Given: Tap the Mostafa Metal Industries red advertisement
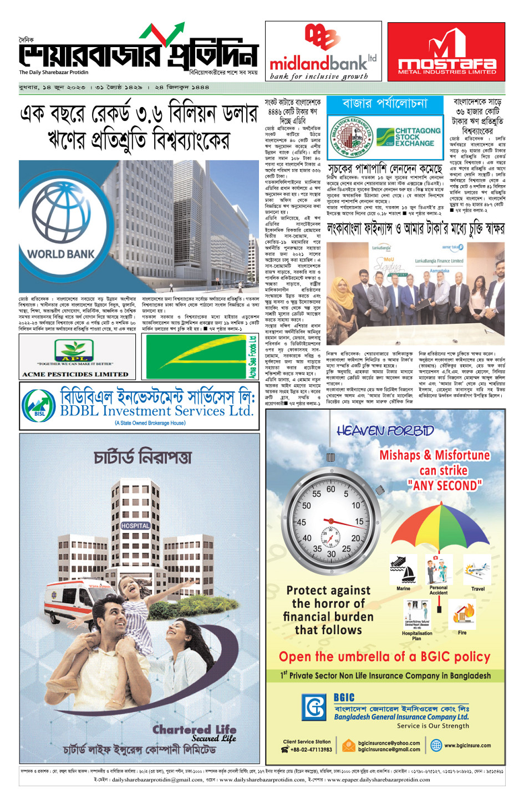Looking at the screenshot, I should tap(446, 52).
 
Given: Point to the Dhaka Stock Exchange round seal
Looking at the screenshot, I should tap(350, 137).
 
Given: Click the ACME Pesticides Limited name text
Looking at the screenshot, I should tap(75, 374).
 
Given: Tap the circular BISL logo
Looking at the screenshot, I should tap(39, 409).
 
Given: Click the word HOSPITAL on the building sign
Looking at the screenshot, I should tap(135, 525).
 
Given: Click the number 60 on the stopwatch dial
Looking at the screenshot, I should tap(330, 489).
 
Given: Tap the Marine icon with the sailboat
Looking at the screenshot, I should tap(403, 571).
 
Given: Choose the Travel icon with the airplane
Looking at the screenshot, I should tap(477, 571).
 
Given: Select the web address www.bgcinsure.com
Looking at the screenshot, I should tap(467, 746).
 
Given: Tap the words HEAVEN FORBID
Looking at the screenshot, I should tap(385, 431).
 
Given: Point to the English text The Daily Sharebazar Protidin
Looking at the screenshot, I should tap(54, 72).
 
